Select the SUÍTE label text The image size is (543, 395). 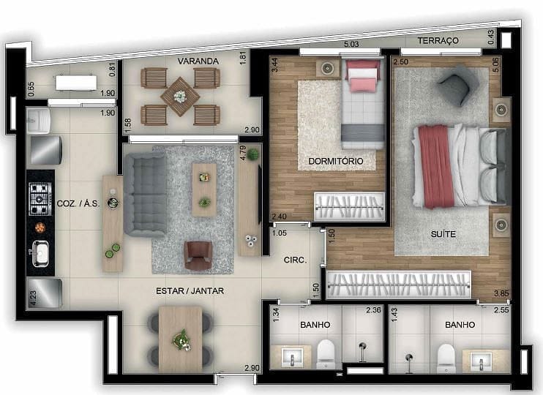click(x=443, y=234)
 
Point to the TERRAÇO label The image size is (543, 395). click(x=438, y=41)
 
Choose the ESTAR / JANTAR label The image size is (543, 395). click(x=190, y=291)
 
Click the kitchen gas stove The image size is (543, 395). click(x=39, y=197)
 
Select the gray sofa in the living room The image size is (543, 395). click(x=144, y=193)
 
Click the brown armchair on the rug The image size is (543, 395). click(x=198, y=255)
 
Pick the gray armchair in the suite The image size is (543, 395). click(x=454, y=85)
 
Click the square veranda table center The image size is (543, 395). click(x=180, y=96)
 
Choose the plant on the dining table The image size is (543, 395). click(x=180, y=339)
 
